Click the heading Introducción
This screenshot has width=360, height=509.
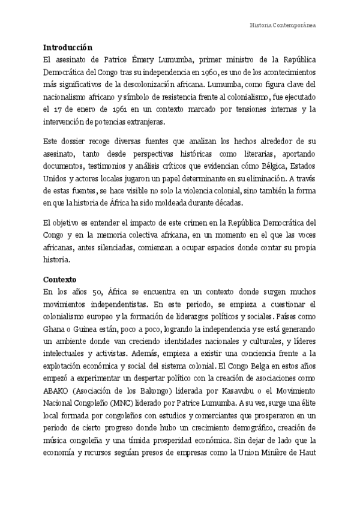pos(68,47)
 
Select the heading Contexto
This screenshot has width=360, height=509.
pos(62,280)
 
